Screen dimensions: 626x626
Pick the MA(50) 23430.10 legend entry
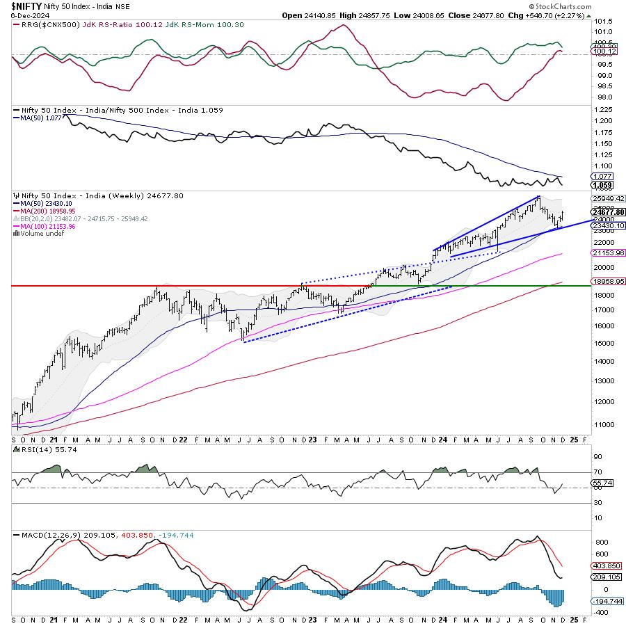coord(42,203)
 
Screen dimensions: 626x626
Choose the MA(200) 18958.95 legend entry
coord(44,211)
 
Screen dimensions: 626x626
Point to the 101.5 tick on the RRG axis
coord(602,21)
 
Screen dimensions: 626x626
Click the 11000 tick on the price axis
coord(603,424)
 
